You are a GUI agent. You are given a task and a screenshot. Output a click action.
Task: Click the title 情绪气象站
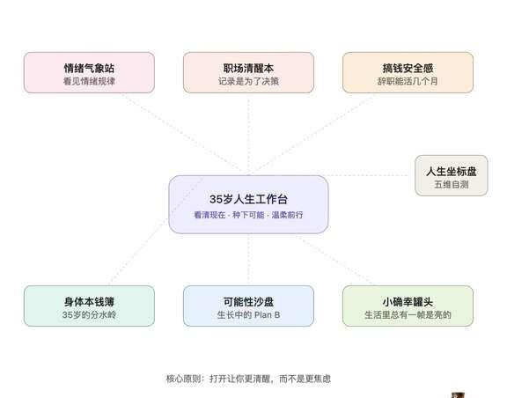pos(89,68)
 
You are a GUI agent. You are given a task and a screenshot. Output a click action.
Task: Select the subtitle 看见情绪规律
pos(89,81)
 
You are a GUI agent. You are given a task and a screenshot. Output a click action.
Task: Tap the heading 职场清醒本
pos(248,68)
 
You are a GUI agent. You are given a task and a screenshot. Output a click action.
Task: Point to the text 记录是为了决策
pos(248,81)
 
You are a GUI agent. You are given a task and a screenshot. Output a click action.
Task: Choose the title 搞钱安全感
pos(408,68)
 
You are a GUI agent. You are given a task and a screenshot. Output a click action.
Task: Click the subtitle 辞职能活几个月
pos(408,81)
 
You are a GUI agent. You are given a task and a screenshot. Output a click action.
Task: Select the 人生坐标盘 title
pos(451,171)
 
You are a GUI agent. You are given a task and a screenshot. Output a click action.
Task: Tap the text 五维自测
pos(451,184)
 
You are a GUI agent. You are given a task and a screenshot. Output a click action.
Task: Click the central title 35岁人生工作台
pos(248,199)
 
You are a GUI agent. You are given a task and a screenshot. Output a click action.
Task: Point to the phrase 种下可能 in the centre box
pos(248,215)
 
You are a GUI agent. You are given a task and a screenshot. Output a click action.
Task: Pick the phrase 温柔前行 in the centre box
pos(287,215)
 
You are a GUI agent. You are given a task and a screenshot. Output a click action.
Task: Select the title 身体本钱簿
pos(89,301)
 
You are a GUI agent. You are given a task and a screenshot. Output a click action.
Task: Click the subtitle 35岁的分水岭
pos(89,314)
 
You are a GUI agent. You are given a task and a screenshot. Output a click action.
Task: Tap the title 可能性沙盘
pos(248,301)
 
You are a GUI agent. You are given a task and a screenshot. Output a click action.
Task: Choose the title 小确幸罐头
pos(408,301)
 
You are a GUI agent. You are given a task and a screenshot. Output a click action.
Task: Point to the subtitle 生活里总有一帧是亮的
pos(408,314)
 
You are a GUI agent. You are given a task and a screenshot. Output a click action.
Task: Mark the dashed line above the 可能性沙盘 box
pos(248,260)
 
